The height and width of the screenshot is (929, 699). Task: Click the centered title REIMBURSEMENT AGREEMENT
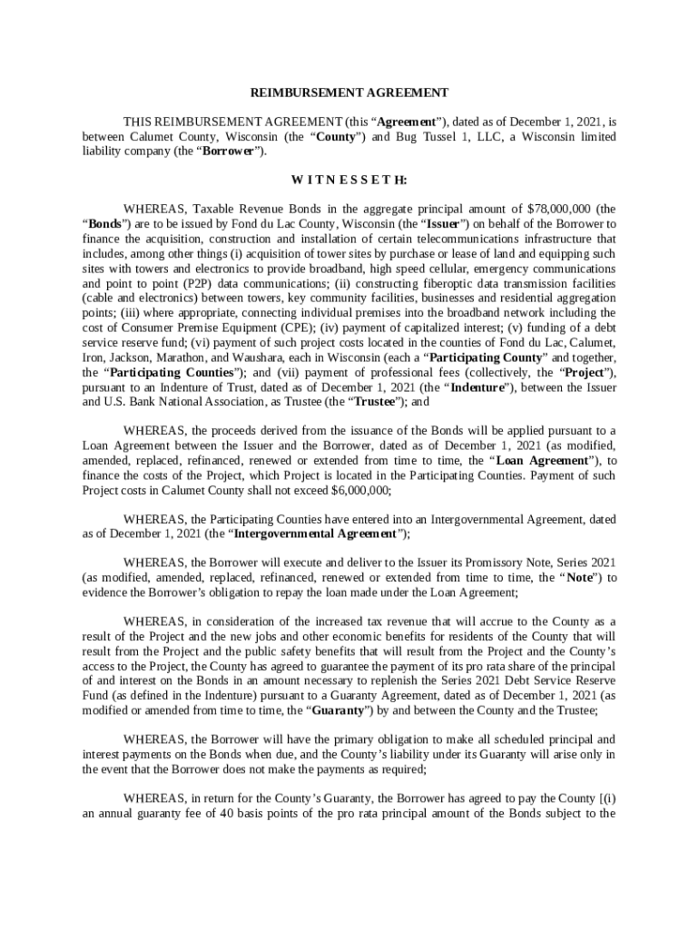click(349, 93)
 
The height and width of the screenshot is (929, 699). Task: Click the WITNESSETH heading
click(349, 180)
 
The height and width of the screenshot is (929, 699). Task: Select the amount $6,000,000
click(360, 490)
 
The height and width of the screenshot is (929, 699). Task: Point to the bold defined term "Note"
click(580, 577)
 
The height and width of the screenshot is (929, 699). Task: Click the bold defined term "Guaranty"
click(336, 710)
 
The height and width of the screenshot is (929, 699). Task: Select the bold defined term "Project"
click(579, 371)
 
